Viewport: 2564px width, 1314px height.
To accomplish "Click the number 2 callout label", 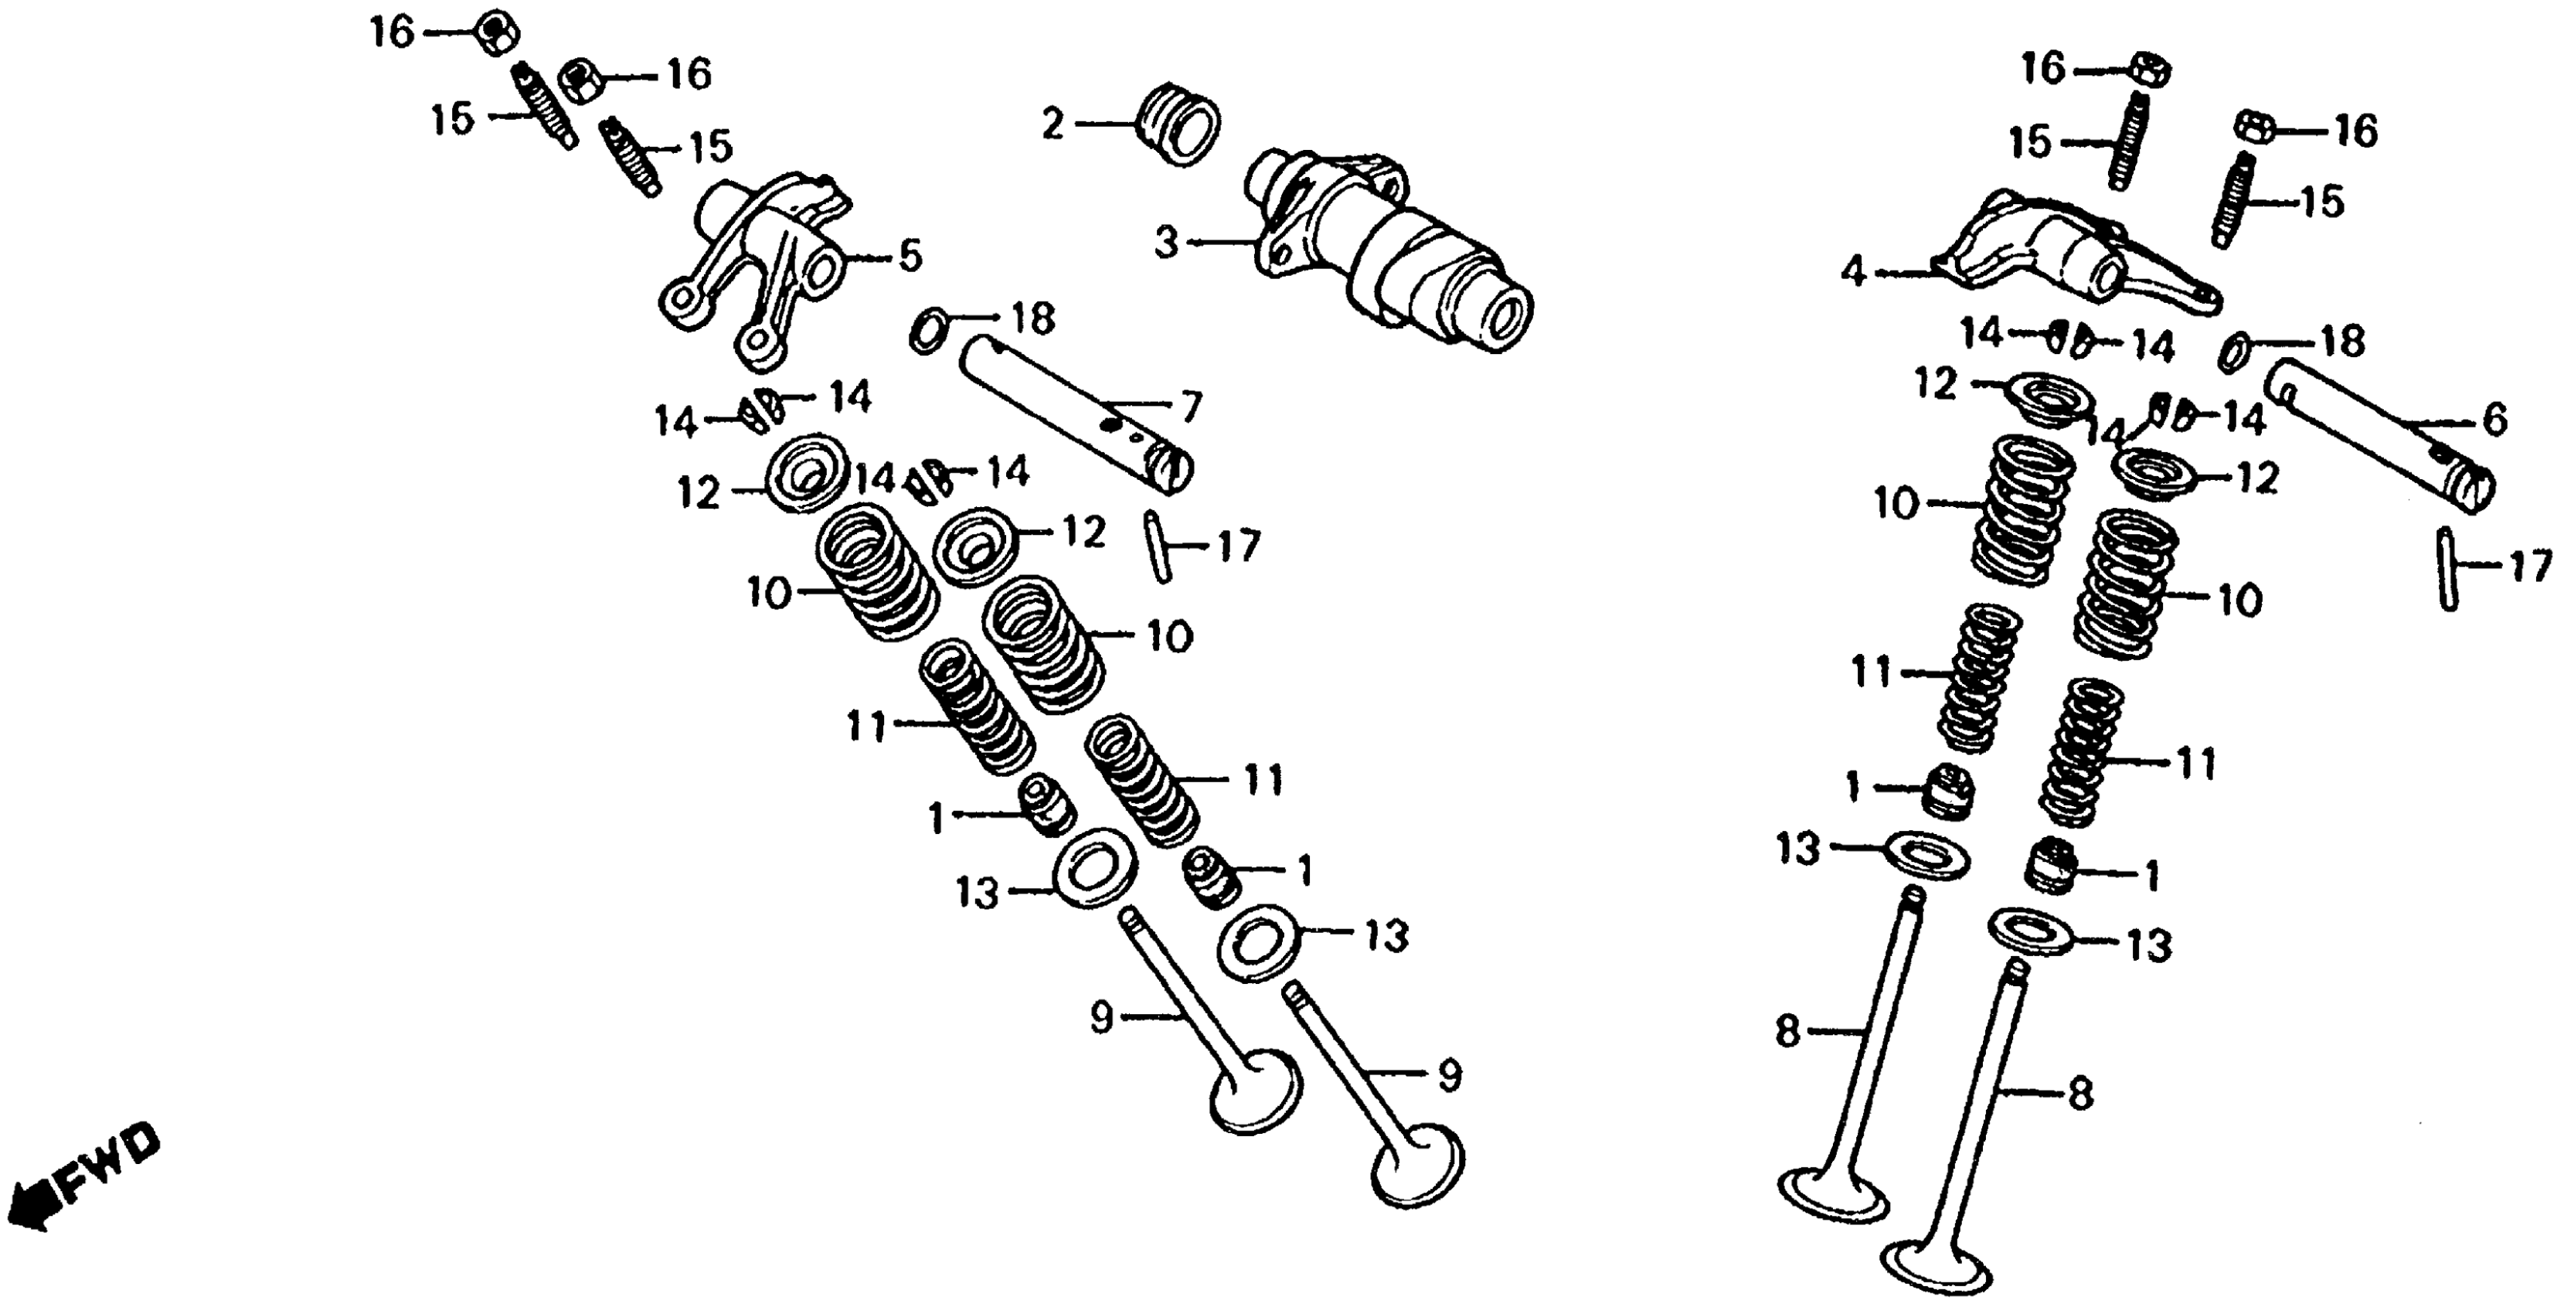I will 1052,124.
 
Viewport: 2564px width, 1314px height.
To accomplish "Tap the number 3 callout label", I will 1167,243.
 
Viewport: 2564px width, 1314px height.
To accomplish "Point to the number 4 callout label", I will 1852,271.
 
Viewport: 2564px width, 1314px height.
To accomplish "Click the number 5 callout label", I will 910,257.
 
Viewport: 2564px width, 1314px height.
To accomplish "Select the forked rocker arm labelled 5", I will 757,269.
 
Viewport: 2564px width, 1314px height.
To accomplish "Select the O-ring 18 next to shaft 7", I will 927,332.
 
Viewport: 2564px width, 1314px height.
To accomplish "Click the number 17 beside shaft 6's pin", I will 2530,567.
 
